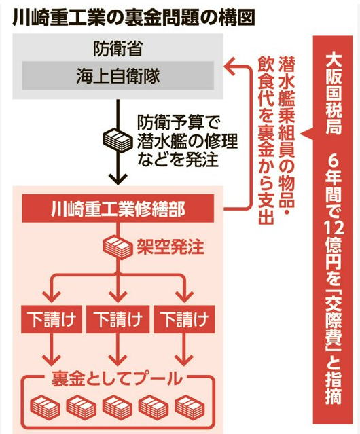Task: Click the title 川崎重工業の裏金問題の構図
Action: (133, 18)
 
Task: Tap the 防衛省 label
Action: (118, 49)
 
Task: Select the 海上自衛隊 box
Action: (118, 75)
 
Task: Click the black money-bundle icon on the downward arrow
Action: (118, 140)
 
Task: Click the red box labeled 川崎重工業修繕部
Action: (118, 209)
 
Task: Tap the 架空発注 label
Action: (170, 247)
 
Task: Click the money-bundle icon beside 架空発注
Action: (118, 247)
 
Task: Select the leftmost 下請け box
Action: (52, 319)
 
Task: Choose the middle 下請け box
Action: (118, 319)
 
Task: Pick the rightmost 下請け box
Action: (184, 319)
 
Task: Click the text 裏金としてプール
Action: (117, 378)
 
